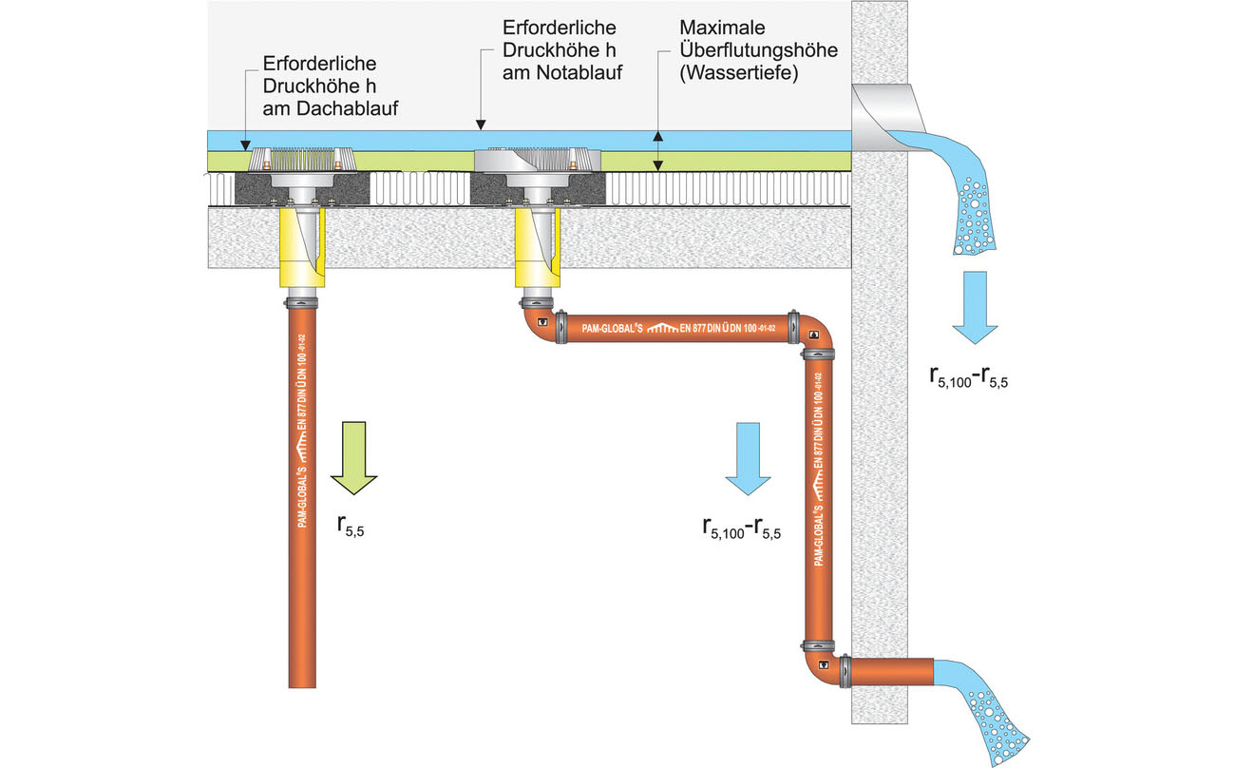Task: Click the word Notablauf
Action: (563, 71)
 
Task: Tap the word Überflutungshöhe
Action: (758, 49)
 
